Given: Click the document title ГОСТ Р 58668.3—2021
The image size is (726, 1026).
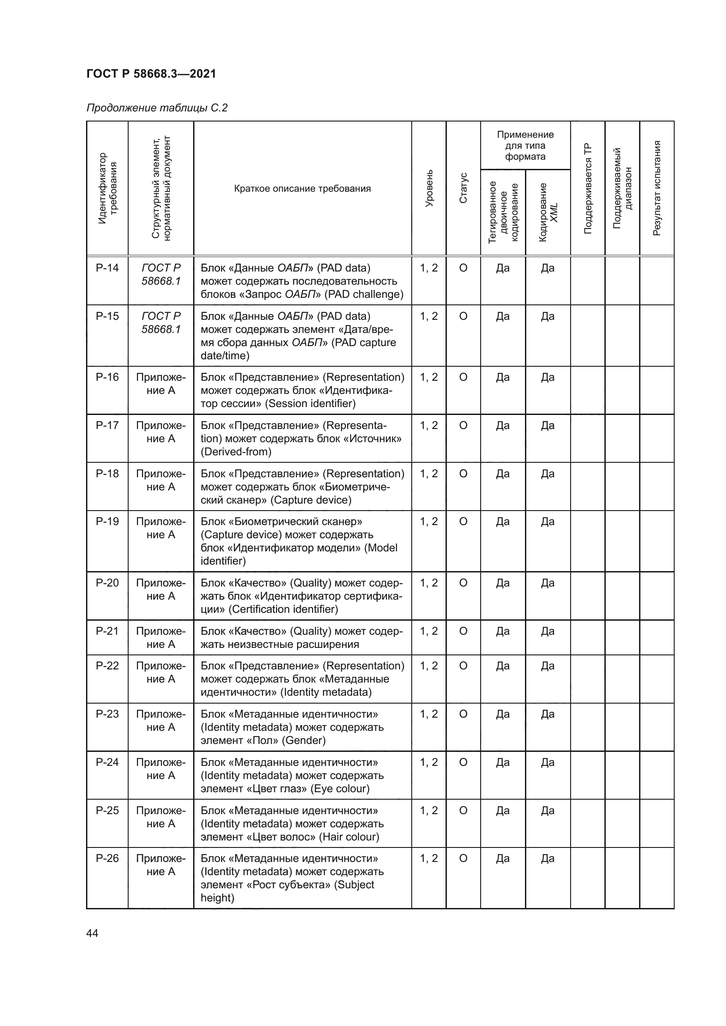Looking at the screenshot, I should click(x=151, y=74).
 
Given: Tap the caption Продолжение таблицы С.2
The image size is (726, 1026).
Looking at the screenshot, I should click(x=157, y=108).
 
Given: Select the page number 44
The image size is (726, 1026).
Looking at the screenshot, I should click(x=92, y=933).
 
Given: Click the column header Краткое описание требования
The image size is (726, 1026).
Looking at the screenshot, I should click(x=302, y=189).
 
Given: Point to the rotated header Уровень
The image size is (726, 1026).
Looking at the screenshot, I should click(x=429, y=188).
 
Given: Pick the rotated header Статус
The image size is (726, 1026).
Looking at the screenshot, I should click(x=463, y=188).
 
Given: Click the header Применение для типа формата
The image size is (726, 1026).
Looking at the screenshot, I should click(x=525, y=145).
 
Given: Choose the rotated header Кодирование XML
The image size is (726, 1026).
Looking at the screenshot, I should click(x=548, y=212).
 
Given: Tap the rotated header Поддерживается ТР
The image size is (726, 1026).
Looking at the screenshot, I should click(x=587, y=188).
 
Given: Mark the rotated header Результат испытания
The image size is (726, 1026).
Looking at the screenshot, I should click(x=657, y=188).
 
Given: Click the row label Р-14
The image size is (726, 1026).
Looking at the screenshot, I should click(x=107, y=268).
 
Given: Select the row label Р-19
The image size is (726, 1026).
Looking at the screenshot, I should click(x=107, y=522).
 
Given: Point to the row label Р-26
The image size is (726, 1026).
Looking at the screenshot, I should click(x=107, y=858).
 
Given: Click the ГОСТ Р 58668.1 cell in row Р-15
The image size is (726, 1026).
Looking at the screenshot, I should click(x=161, y=323).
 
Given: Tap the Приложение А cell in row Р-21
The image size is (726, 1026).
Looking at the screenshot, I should click(x=161, y=638).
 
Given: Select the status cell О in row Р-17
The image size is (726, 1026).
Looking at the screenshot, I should click(x=463, y=425).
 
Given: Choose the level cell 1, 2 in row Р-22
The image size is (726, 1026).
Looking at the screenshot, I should click(x=429, y=666).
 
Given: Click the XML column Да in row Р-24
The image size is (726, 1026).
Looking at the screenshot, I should click(x=548, y=762).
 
